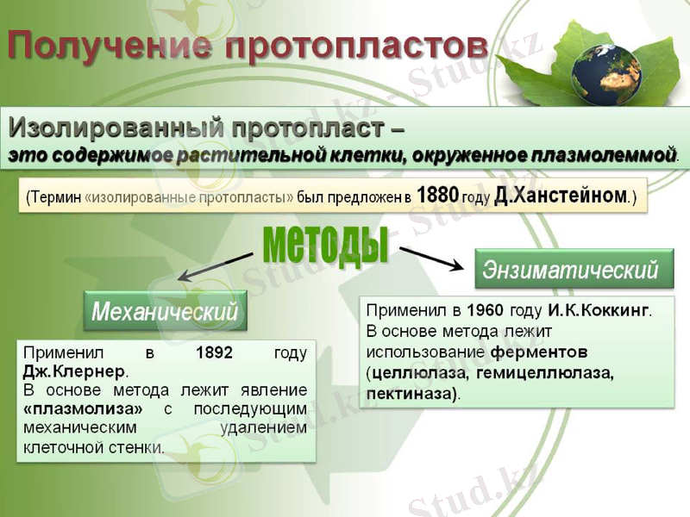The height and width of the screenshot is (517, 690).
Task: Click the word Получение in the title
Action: (x=110, y=46)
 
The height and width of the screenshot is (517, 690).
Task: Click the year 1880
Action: (x=437, y=196)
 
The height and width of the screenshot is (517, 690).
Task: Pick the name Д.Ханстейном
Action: (x=561, y=196)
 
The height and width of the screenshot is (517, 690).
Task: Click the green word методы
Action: (x=325, y=243)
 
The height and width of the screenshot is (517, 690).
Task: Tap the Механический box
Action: (x=165, y=310)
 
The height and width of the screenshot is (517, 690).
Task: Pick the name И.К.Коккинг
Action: (x=599, y=309)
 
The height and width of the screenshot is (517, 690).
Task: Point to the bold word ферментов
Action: (x=539, y=352)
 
